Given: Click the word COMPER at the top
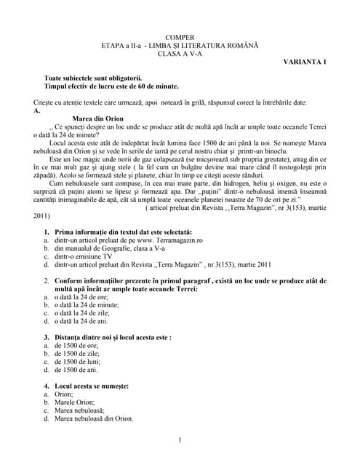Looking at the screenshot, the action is tap(180, 36).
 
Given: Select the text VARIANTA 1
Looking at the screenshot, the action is tap(305, 62).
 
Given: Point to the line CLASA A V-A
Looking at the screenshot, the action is tap(180, 53).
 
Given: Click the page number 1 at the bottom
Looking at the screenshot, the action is tap(180, 440).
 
